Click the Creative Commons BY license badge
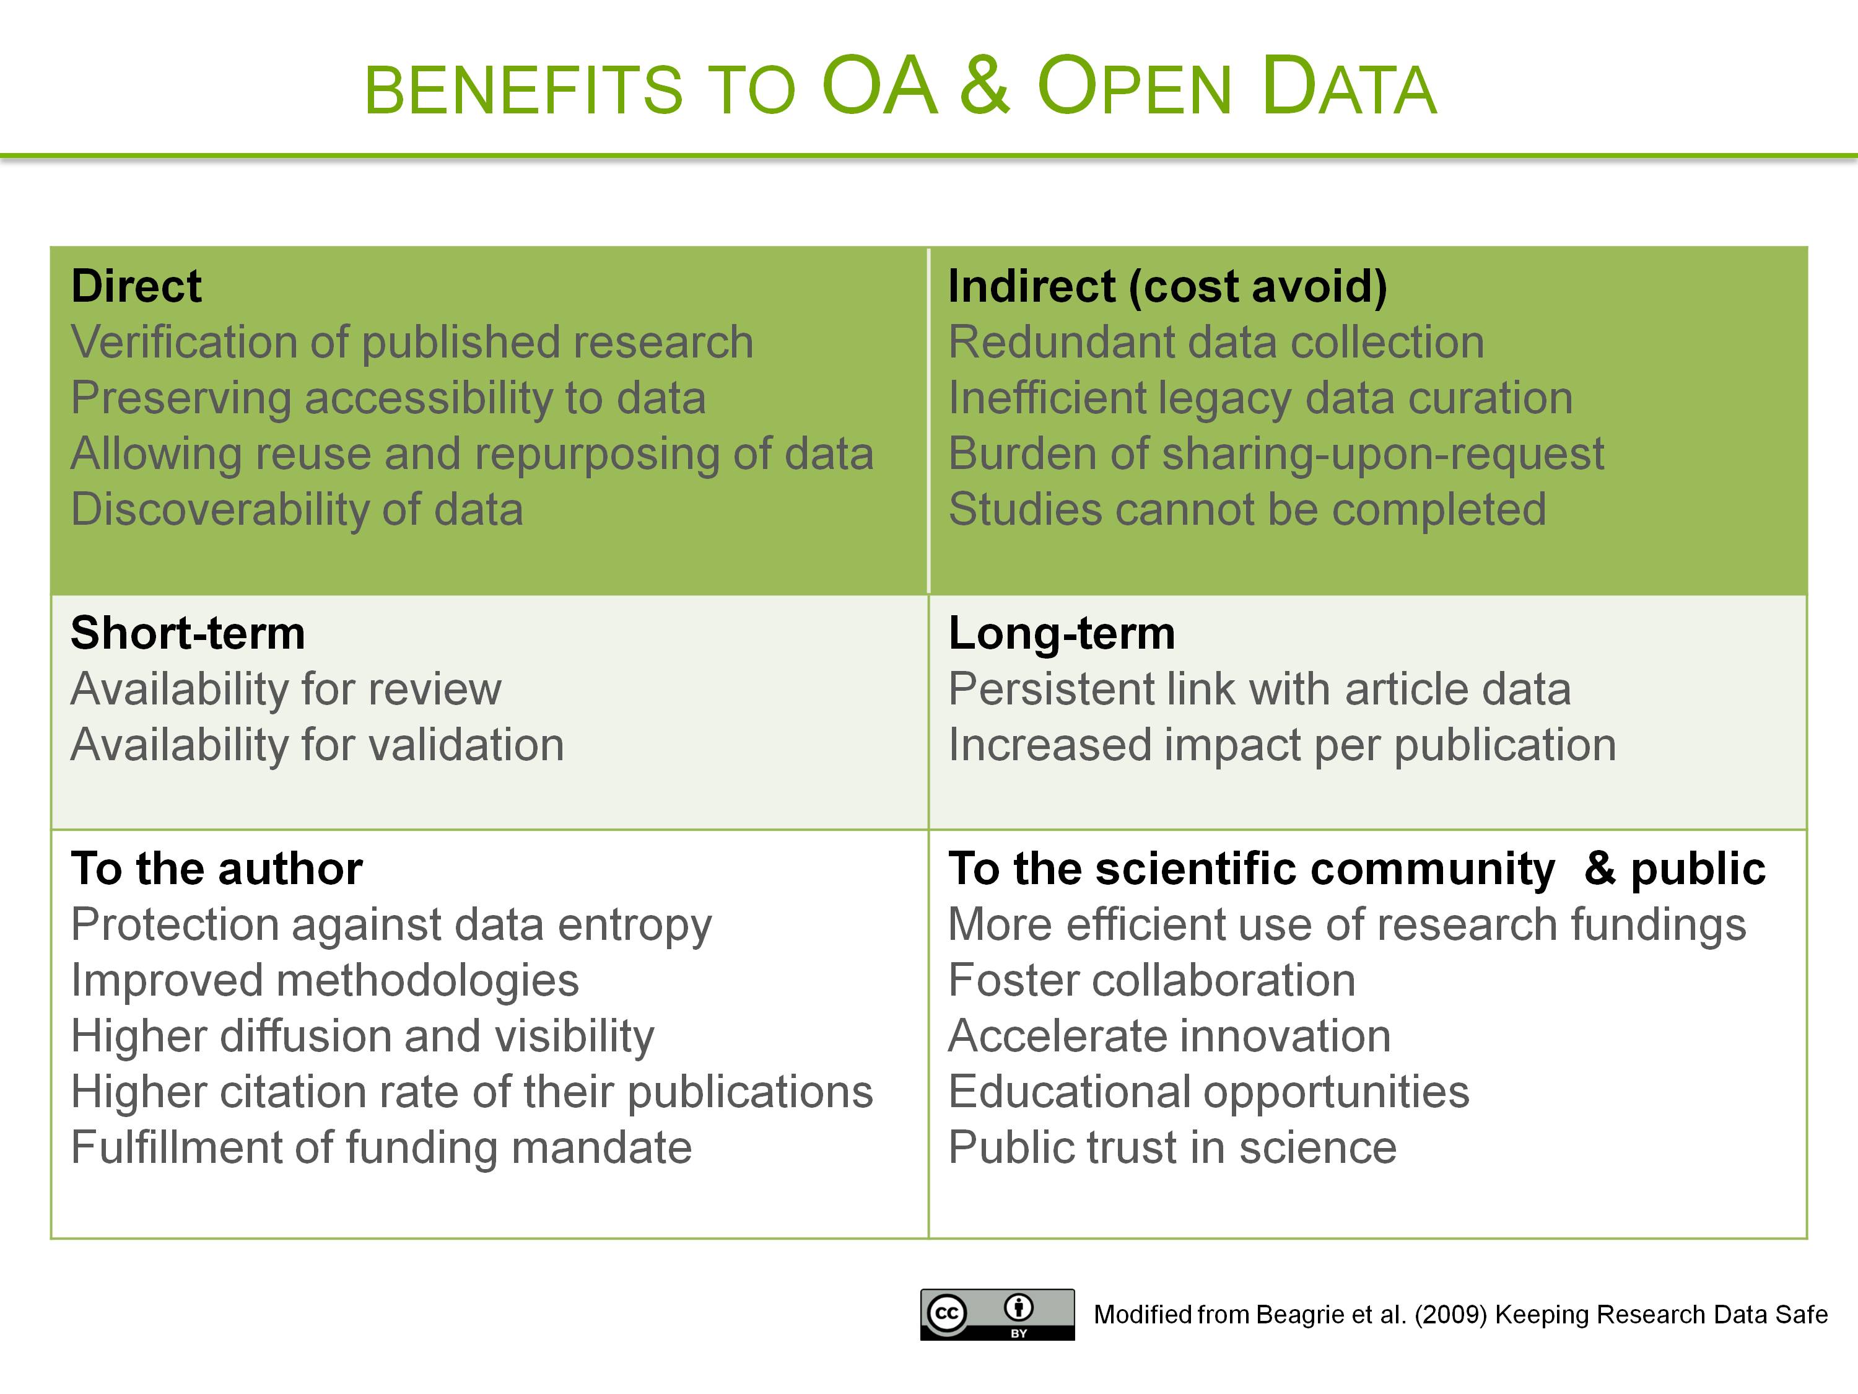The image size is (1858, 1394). [997, 1314]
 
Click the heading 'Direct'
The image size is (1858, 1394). [136, 286]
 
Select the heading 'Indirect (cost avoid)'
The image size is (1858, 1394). [1167, 286]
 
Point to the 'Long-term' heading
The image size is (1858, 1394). [1062, 634]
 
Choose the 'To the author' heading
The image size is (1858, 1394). [217, 868]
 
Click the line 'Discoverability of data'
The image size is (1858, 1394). [297, 509]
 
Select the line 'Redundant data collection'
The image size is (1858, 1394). [1216, 342]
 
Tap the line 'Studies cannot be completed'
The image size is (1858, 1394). [1247, 509]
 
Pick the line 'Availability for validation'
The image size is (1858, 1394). [318, 745]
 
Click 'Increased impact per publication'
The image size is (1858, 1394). [1283, 745]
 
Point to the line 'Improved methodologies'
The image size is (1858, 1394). [325, 981]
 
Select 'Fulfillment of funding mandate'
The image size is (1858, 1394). [382, 1148]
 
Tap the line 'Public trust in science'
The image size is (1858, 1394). [1172, 1148]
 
